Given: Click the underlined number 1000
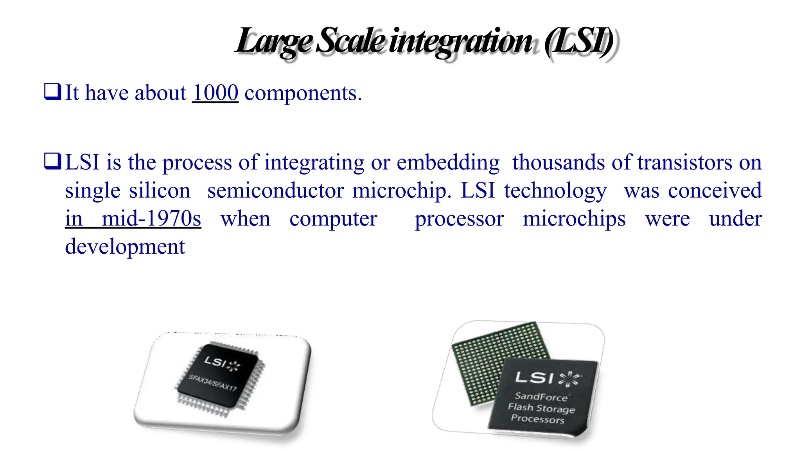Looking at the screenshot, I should pyautogui.click(x=215, y=93).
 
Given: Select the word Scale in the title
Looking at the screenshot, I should pyautogui.click(x=350, y=41).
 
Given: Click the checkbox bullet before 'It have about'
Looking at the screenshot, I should pyautogui.click(x=52, y=92).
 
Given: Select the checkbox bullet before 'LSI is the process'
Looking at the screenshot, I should pyautogui.click(x=52, y=161).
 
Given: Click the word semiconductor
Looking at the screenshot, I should pyautogui.click(x=275, y=191).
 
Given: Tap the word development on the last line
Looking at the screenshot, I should pyautogui.click(x=125, y=247).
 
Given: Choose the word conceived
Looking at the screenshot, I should pyautogui.click(x=715, y=191).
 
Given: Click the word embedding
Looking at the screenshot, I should pyautogui.click(x=448, y=162).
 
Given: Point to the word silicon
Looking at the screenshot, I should pyautogui.click(x=160, y=191).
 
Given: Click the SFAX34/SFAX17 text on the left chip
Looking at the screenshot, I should pyautogui.click(x=213, y=382).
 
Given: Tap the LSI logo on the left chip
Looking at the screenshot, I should pyautogui.click(x=215, y=362).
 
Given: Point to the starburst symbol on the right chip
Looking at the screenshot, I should pyautogui.click(x=570, y=379).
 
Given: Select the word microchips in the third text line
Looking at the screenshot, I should pyautogui.click(x=574, y=219).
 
